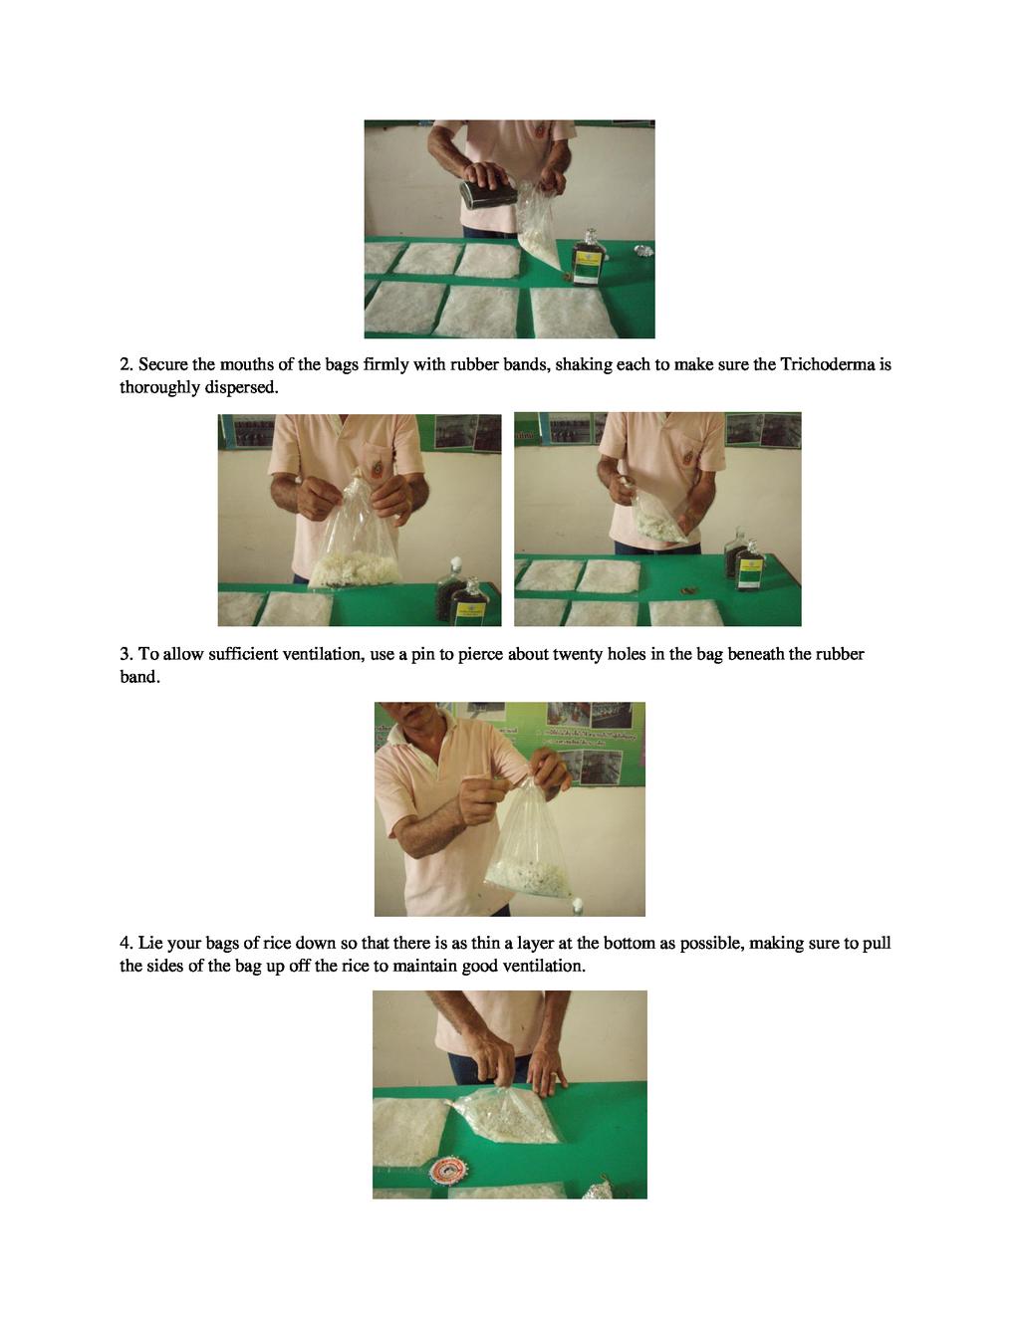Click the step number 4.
(x=126, y=944)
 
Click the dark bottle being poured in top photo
(x=487, y=194)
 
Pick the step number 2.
(x=126, y=364)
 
